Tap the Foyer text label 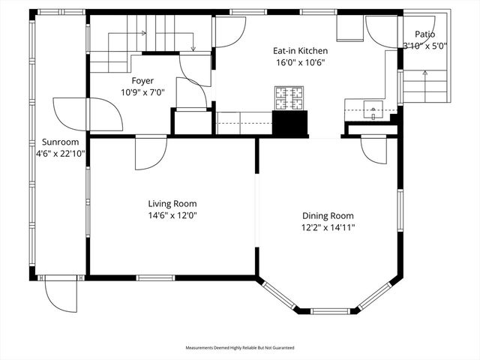coord(142,79)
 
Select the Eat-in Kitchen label coord(299,51)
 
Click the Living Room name coord(172,203)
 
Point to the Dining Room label coord(328,215)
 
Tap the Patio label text coord(424,34)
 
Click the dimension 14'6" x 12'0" coord(172,215)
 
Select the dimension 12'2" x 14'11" coord(328,227)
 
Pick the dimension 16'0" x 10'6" coord(299,63)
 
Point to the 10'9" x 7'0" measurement coord(142,91)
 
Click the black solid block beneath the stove coord(289,122)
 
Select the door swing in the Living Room coord(150,153)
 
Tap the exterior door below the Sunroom coord(60,292)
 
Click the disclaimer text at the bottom coord(240,348)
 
